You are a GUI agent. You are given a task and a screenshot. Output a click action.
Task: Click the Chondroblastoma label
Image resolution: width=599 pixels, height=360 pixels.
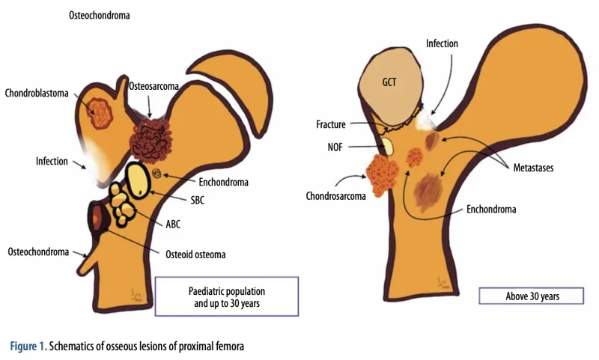(37, 93)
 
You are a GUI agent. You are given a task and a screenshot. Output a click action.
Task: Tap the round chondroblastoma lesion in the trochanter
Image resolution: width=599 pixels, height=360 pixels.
(100, 113)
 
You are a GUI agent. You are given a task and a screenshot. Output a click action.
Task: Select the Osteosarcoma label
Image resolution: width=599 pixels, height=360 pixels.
(153, 86)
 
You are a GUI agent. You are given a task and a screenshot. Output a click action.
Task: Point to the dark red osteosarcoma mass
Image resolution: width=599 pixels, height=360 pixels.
(150, 140)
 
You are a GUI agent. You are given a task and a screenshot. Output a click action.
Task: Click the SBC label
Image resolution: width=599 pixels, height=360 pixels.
(198, 200)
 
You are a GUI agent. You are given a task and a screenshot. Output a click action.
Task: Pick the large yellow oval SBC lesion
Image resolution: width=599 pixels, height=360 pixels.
(138, 180)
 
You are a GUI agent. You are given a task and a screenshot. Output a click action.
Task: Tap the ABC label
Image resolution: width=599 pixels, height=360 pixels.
(173, 224)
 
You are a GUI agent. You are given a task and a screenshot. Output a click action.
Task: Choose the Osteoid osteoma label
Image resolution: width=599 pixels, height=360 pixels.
(195, 254)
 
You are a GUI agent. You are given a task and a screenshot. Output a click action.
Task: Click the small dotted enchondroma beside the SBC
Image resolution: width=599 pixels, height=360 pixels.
(156, 174)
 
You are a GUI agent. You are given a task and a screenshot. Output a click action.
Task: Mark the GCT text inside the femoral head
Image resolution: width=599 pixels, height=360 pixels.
(389, 82)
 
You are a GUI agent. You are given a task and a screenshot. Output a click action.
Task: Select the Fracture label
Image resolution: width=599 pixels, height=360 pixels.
(331, 124)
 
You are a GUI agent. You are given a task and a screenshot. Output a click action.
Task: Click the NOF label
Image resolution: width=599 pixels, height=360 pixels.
(335, 147)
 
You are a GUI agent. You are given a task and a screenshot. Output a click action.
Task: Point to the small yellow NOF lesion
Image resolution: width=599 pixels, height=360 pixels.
(387, 146)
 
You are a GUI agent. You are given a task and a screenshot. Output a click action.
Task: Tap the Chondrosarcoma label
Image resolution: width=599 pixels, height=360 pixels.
(335, 196)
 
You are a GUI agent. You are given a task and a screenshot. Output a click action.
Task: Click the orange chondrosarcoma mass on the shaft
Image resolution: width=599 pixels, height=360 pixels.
(382, 175)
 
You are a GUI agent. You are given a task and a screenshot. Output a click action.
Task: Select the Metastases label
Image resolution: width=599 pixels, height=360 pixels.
(533, 168)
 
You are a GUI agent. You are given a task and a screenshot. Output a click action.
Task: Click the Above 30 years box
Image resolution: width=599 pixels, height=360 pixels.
(532, 296)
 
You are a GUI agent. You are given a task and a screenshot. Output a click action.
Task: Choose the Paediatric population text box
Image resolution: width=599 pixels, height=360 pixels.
(227, 296)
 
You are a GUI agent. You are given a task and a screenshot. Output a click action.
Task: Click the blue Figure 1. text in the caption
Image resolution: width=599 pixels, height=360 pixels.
(28, 347)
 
